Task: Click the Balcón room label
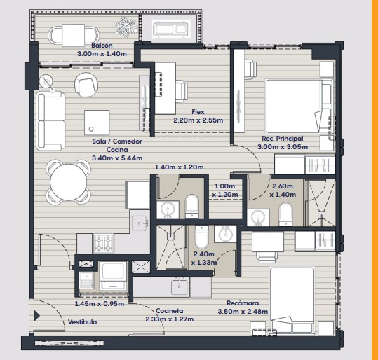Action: (102, 46)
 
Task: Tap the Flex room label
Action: (198, 112)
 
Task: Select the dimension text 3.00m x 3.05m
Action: (283, 146)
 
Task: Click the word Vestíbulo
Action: (82, 322)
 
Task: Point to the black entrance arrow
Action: (37, 316)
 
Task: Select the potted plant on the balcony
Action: (126, 27)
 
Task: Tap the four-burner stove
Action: (104, 244)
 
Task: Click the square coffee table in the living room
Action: (97, 123)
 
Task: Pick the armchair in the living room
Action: (86, 85)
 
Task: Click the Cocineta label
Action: (170, 311)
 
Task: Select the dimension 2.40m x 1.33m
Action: (204, 258)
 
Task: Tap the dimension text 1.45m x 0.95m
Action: (100, 304)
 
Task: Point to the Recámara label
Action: (243, 303)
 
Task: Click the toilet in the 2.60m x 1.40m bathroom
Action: (285, 214)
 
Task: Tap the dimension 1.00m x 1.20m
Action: (225, 191)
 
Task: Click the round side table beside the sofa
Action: (46, 82)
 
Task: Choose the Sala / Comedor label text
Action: (117, 141)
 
